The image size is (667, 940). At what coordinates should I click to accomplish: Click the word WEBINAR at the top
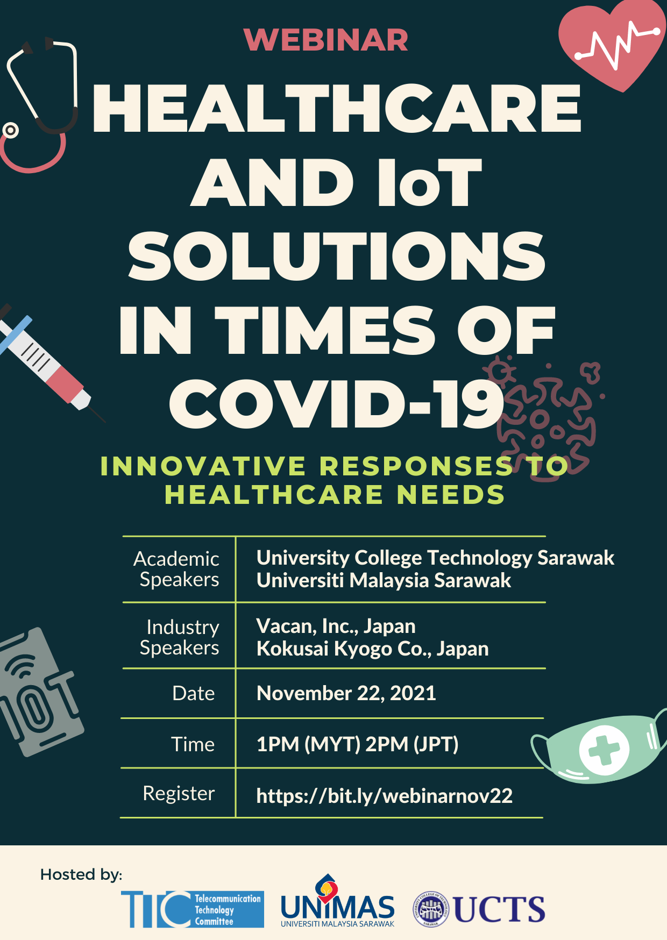point(326,40)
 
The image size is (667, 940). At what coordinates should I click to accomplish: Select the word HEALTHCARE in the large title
point(337,108)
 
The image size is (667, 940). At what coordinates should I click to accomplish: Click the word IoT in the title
point(429,182)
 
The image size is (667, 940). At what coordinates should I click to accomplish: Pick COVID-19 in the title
point(337,404)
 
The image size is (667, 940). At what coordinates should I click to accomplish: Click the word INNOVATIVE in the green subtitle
point(203,466)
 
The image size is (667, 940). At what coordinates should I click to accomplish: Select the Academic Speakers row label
point(176,569)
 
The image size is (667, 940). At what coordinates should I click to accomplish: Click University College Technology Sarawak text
point(435,558)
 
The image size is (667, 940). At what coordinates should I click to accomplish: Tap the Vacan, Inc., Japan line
point(336,626)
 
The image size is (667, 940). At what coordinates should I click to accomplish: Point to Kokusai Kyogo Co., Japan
point(373,649)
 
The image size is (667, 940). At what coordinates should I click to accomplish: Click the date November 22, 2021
point(346,694)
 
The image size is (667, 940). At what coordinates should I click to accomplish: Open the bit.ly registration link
point(385,796)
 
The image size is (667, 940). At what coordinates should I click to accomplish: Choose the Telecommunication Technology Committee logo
point(193,909)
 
